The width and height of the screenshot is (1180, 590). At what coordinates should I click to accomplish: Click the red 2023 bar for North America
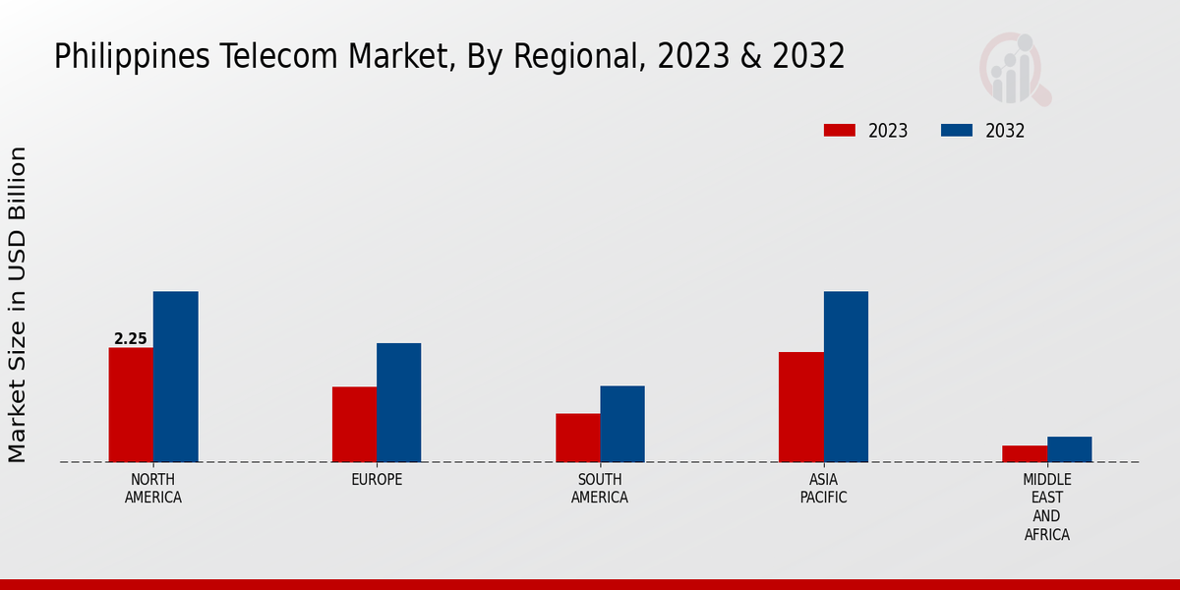pos(131,405)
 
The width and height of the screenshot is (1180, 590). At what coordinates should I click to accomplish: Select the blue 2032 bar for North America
pos(175,377)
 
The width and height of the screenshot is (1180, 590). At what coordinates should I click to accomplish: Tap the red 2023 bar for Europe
pos(354,425)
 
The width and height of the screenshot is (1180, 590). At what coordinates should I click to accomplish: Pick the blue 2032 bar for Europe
pos(398,402)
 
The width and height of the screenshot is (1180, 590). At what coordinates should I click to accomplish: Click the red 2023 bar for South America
pos(577,438)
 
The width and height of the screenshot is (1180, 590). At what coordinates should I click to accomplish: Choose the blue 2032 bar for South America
pos(622,424)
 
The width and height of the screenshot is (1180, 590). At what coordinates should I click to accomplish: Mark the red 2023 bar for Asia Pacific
pos(800,407)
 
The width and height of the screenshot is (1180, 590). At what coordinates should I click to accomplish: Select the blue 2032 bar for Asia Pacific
pos(846,377)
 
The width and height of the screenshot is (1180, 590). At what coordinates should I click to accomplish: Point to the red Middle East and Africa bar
pos(1025,453)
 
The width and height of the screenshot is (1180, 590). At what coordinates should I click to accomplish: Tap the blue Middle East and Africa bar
pos(1069,449)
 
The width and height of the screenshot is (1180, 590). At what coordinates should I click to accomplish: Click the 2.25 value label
pos(130,339)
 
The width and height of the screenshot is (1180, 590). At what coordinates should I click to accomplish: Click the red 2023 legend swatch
pos(840,131)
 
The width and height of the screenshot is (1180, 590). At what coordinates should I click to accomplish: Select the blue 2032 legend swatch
pos(957,131)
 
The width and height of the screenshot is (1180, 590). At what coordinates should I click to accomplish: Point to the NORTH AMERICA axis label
pos(153,489)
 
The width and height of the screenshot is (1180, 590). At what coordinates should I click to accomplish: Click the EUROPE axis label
pos(377,480)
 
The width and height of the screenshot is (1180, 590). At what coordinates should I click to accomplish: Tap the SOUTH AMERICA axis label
pos(600,489)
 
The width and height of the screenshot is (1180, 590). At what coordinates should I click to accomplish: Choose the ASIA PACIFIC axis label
pos(824,489)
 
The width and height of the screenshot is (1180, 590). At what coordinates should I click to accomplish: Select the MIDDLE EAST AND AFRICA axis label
pos(1047,507)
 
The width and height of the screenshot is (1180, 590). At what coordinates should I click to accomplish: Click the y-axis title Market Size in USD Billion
pos(18,305)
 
